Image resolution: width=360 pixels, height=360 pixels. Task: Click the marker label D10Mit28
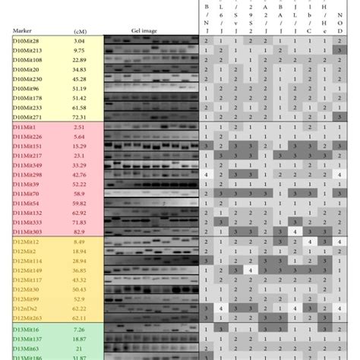pos(27,39)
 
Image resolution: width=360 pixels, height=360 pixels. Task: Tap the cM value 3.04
pos(79,39)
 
